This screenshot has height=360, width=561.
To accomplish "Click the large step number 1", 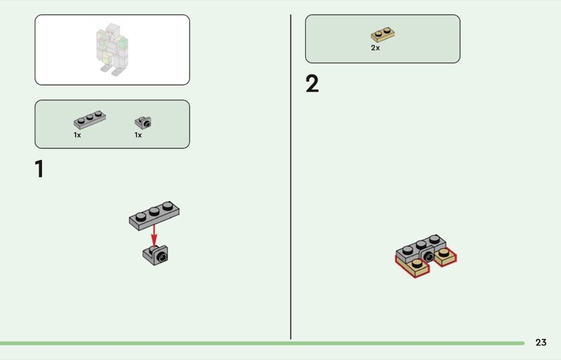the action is (x=39, y=168).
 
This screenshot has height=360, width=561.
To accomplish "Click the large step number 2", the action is (x=312, y=84).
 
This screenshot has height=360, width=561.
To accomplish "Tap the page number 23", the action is (x=541, y=342).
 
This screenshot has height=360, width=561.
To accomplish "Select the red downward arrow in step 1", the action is (x=154, y=236).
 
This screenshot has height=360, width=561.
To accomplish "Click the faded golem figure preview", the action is (x=112, y=49).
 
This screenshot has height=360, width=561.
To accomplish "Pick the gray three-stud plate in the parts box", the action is (x=90, y=119).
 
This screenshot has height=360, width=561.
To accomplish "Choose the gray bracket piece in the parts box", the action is (x=143, y=123).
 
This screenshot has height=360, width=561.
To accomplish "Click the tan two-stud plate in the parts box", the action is (x=383, y=34).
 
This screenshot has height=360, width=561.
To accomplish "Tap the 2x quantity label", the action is (x=375, y=48).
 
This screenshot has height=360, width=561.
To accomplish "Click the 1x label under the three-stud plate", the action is (x=77, y=135).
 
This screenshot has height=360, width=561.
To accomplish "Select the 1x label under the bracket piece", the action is (x=138, y=135).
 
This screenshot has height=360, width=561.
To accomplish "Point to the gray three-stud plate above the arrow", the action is (x=154, y=215).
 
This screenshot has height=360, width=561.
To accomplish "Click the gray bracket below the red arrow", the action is (x=155, y=255).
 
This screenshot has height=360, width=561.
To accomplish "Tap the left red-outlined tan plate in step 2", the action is (x=412, y=267).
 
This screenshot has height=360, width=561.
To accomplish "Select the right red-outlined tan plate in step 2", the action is (x=445, y=256).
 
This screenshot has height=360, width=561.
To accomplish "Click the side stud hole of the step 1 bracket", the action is (x=162, y=258).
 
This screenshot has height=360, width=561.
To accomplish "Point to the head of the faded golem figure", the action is (x=112, y=29).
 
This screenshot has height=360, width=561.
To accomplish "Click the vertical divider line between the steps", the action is (x=290, y=177).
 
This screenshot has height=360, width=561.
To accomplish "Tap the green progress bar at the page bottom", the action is (x=262, y=343).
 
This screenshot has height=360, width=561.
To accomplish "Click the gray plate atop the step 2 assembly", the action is (x=421, y=248).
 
